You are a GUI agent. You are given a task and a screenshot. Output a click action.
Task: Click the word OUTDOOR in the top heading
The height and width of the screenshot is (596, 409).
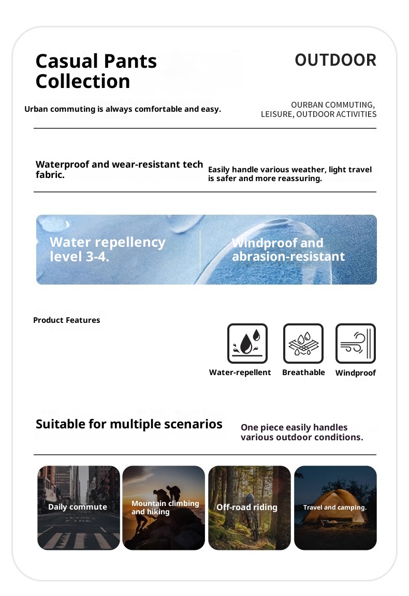click(x=335, y=60)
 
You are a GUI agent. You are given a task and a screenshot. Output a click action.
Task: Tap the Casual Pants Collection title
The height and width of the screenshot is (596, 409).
click(x=96, y=71)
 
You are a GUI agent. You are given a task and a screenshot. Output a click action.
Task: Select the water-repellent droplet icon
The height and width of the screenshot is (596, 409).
click(x=247, y=344)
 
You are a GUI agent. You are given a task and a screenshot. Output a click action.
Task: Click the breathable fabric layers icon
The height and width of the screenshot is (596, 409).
click(x=303, y=344)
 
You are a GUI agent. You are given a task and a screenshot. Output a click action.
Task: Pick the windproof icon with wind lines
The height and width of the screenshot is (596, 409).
click(x=356, y=344)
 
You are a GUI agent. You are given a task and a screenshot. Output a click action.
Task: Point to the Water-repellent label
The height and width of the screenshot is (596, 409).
click(x=240, y=373)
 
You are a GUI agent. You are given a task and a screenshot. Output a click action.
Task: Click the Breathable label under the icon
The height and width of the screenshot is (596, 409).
click(x=303, y=373)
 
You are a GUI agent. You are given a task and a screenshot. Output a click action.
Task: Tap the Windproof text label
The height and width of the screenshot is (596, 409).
click(x=356, y=373)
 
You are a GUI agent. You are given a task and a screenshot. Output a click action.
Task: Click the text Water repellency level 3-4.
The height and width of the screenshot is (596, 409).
click(x=107, y=249)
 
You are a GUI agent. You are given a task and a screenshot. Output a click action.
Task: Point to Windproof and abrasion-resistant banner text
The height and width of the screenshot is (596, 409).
click(x=288, y=250)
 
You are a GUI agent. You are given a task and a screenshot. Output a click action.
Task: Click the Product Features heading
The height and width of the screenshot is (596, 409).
click(x=67, y=320)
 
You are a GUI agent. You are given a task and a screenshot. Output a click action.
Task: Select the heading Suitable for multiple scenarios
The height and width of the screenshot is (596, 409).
click(x=129, y=424)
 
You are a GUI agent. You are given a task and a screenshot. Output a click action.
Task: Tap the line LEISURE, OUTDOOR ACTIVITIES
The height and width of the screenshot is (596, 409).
click(x=318, y=114)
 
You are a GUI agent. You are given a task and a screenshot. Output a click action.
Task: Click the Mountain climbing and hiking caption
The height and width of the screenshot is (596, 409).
click(x=165, y=508)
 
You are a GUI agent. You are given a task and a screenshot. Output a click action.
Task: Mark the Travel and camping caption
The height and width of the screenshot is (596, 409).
click(x=335, y=508)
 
